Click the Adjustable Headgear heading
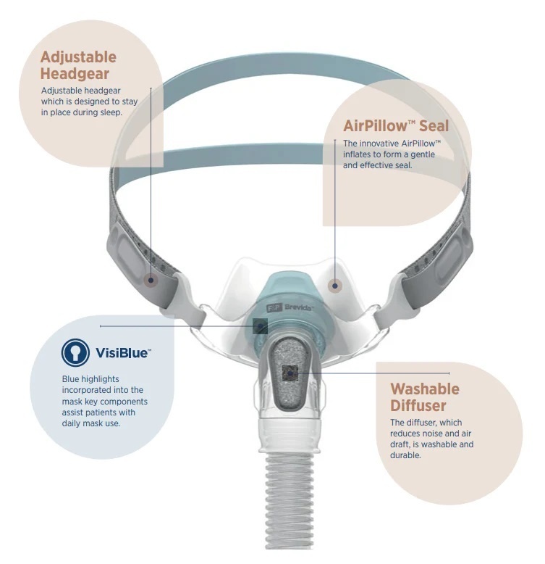[x=78, y=65]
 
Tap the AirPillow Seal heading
[x=396, y=126]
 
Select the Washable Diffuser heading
[x=425, y=397]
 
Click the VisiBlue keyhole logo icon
[x=75, y=352]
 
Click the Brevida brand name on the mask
[x=299, y=307]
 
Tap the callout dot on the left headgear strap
[x=151, y=280]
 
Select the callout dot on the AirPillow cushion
[x=334, y=286]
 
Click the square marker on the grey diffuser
[x=290, y=373]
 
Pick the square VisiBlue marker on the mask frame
[x=260, y=326]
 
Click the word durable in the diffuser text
[x=405, y=455]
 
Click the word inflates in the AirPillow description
[x=358, y=154]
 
